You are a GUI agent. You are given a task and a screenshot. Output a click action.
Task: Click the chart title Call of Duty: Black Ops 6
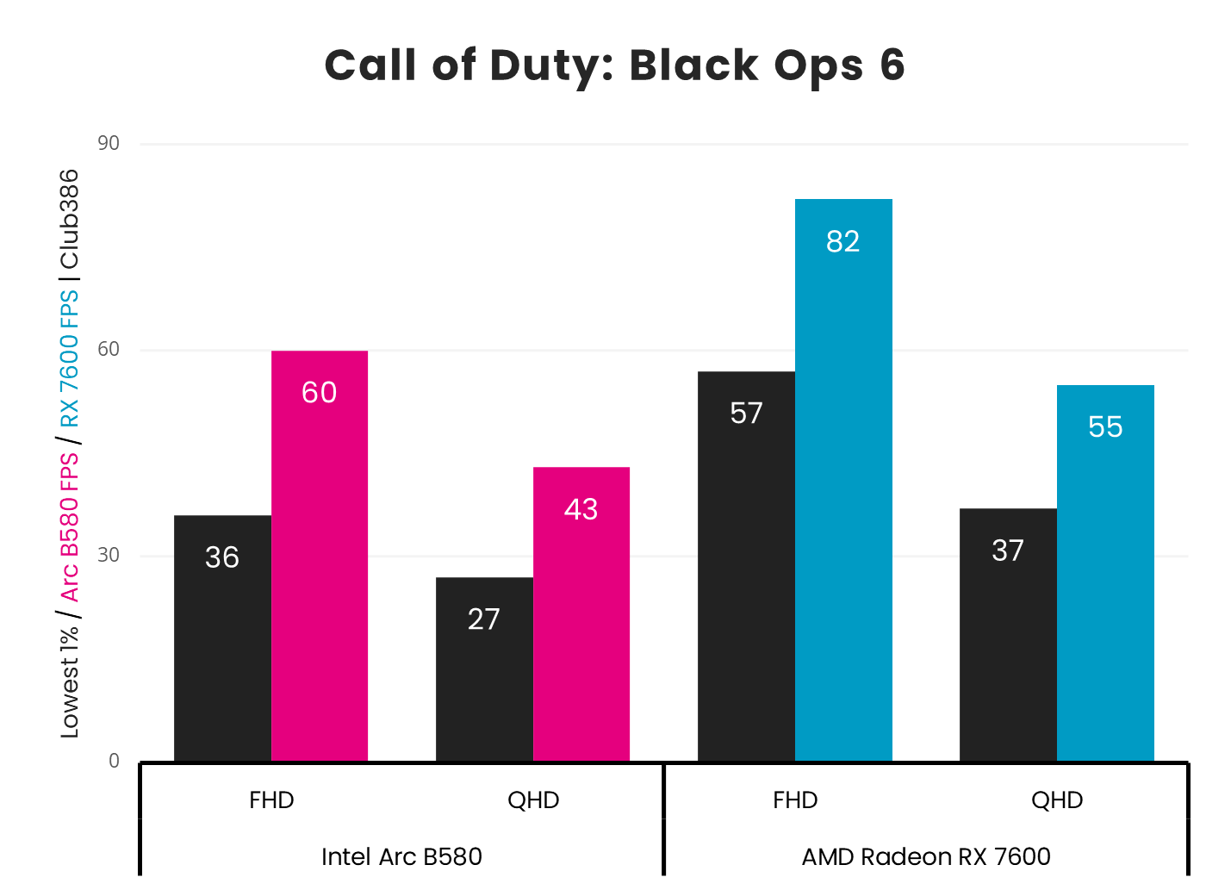coord(614,65)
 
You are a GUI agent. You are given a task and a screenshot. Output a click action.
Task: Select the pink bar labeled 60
coord(320,555)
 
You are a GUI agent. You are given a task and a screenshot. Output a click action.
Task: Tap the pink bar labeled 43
coord(581,613)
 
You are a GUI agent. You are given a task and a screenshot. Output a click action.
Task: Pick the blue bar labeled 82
coord(843,479)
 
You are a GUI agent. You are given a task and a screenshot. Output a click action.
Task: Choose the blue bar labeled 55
coord(1105,572)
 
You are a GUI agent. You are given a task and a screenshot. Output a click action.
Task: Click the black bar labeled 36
coord(222,638)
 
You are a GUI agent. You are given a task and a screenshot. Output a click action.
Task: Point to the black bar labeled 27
coord(484,669)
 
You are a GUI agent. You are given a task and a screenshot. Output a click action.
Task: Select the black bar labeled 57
coord(746,565)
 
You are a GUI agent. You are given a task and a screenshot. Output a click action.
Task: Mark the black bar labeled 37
coord(1008,634)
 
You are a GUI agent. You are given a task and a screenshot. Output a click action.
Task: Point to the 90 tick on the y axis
coord(109,143)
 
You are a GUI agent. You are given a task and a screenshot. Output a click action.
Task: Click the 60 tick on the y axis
coord(109,349)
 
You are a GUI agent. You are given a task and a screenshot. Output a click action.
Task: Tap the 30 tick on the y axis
coord(109,555)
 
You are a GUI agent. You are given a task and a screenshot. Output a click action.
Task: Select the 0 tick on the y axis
coord(114,761)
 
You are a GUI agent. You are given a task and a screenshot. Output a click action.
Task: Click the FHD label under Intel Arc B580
coord(271,800)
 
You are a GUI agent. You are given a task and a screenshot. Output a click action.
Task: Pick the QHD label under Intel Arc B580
coord(533,800)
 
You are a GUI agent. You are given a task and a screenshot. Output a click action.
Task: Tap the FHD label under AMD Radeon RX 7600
coord(795,800)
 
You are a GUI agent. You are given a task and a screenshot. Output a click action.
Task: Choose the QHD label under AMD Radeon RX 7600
coord(1057,800)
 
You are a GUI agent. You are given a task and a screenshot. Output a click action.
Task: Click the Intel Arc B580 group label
coord(401,856)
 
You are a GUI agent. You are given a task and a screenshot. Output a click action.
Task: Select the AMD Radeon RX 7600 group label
coord(926,856)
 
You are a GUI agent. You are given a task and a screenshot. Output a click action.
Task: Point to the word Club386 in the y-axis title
coord(69,219)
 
